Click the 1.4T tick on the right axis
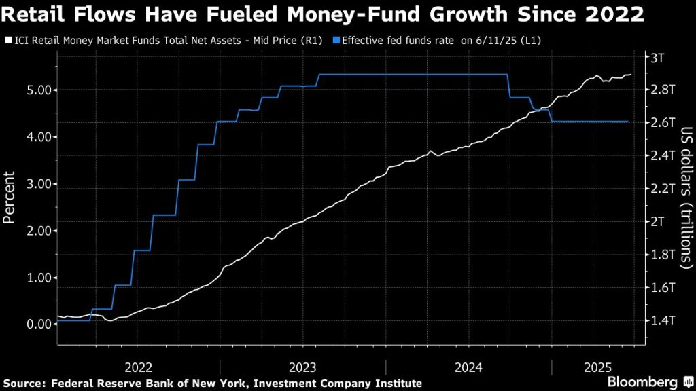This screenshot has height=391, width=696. [x=662, y=320]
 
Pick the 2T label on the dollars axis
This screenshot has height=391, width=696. [x=657, y=222]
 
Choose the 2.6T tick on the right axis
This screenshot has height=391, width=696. [x=662, y=123]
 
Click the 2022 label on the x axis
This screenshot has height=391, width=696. [x=138, y=367]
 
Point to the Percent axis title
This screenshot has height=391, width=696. [x=10, y=198]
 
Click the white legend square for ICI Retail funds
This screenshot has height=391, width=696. [x=7, y=41]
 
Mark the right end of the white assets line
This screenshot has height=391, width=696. [x=631, y=75]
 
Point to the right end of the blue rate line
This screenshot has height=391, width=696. [x=629, y=122]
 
